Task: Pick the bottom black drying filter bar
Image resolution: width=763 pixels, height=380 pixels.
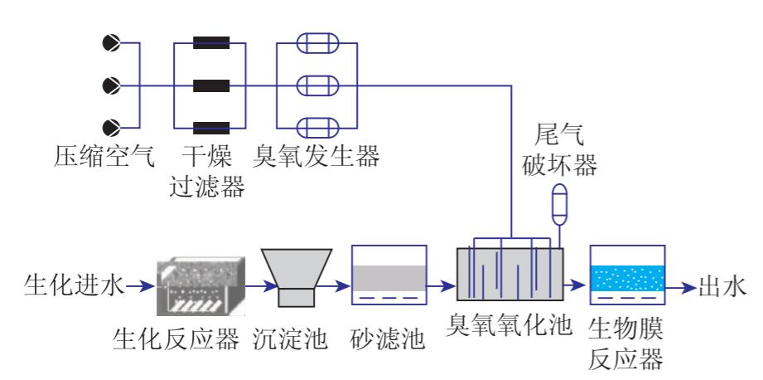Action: pos(211,127)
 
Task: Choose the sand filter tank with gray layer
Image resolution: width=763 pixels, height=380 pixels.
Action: pos(389,275)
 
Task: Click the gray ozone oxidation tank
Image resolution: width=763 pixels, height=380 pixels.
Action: pos(509,274)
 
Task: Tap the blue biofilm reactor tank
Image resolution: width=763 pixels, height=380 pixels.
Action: pos(627,275)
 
